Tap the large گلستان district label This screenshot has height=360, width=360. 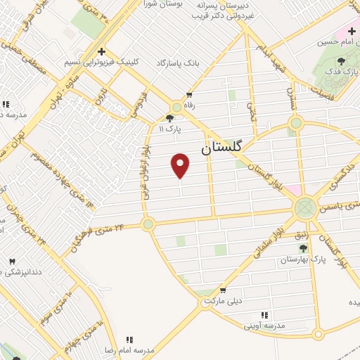pos(221,148)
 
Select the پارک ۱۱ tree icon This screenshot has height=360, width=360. pos(169,119)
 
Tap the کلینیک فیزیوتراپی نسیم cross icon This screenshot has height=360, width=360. pos(102,51)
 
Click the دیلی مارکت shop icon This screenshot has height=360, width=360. pos(223,290)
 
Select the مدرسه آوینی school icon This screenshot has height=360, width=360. pos(264,315)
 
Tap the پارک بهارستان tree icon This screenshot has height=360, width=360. pos(303,248)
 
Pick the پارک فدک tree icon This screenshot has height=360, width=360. pos(342,62)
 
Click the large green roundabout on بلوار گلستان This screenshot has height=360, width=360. pos(306,207)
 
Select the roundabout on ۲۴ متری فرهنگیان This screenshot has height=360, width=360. pos(148,224)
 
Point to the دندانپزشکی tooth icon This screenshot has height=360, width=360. pos(11,262)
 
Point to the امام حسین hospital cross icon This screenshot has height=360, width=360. pos(352,31)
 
